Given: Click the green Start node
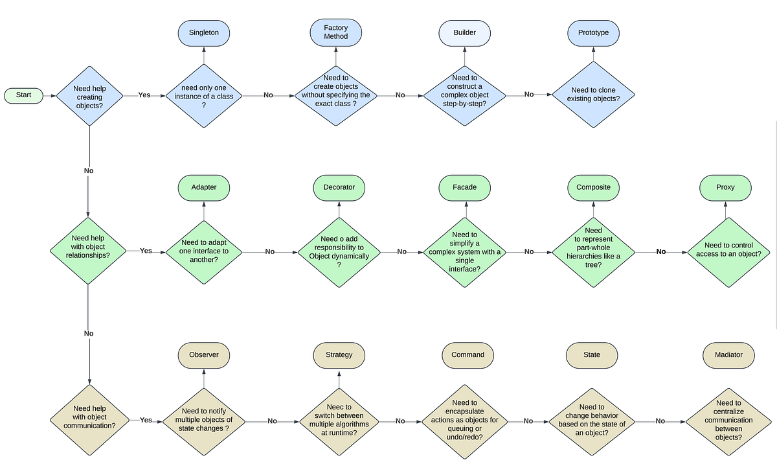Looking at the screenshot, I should coord(23,95).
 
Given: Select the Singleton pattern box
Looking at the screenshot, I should coord(204,32).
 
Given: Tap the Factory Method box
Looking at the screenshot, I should coord(335,32).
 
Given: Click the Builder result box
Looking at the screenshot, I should coord(464,32).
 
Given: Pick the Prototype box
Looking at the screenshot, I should coord(593,32).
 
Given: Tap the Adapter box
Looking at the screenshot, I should coord(204,187).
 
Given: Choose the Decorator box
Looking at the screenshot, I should coord(339,187).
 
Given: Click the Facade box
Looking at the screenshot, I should coord(464,187).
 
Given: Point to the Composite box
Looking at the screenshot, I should coord(593,187).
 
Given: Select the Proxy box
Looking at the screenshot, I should coord(725,187).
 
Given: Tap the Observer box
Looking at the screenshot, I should coord(204,354).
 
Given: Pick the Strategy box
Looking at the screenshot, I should coord(339,354).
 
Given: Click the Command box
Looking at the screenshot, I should coord(467,354).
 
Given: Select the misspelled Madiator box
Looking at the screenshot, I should coord(728,354).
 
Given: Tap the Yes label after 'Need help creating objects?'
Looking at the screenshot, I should coord(144,95).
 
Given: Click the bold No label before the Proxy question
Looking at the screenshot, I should coord(661,251).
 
